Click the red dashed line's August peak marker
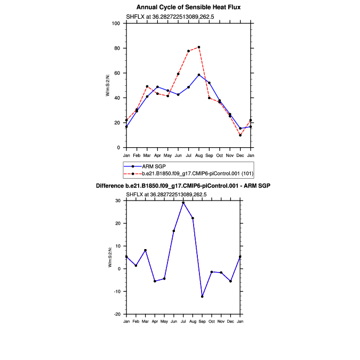[199, 47]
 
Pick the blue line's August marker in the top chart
[199, 75]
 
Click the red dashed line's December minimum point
[241, 135]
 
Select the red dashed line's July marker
[188, 51]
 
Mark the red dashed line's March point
[147, 86]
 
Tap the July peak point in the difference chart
[183, 203]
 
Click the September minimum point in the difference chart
[202, 297]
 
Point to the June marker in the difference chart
[174, 231]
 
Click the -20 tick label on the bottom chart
[117, 314]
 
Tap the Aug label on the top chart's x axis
[199, 155]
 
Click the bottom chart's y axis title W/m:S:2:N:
[109, 258]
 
